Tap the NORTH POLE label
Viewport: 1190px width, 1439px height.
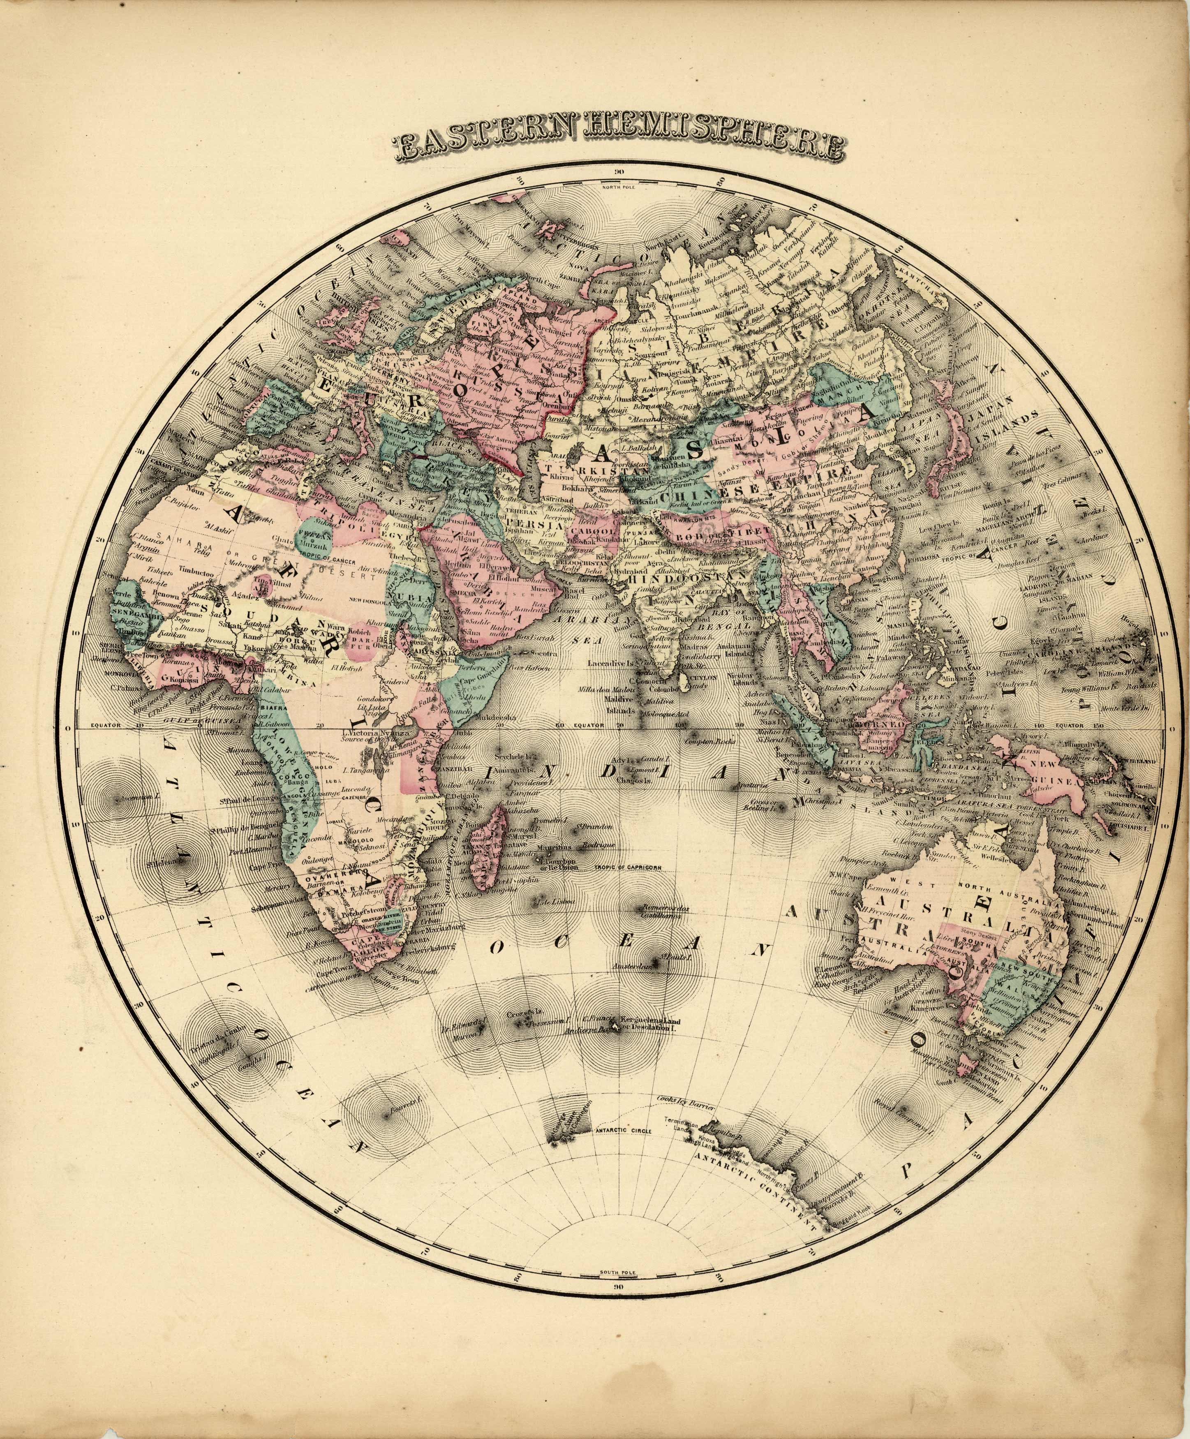(619, 186)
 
